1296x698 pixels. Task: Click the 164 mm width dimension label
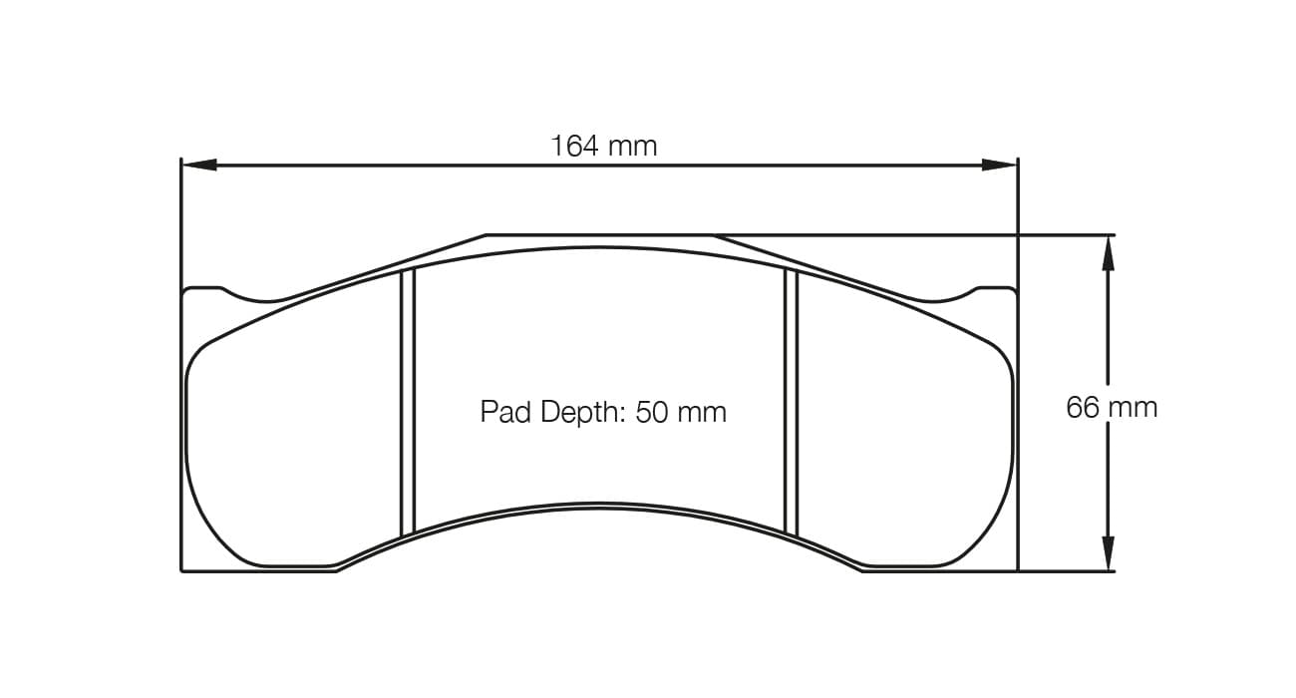tap(603, 147)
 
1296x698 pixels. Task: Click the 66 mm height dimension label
tap(1112, 407)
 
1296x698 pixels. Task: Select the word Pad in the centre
tap(506, 412)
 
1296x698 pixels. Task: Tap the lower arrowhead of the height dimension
tap(1107, 553)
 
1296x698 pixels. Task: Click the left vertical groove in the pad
tap(407, 403)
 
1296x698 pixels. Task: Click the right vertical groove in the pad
tap(792, 403)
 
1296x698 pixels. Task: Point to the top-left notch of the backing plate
tap(254, 297)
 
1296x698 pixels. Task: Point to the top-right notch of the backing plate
tap(944, 297)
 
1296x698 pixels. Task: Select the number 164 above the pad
tap(576, 147)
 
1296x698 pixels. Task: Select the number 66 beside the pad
tap(1082, 407)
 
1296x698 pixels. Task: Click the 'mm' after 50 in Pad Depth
tap(703, 412)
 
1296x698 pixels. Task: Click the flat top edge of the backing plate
tap(598, 235)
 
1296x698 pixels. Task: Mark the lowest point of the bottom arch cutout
tap(598, 505)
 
